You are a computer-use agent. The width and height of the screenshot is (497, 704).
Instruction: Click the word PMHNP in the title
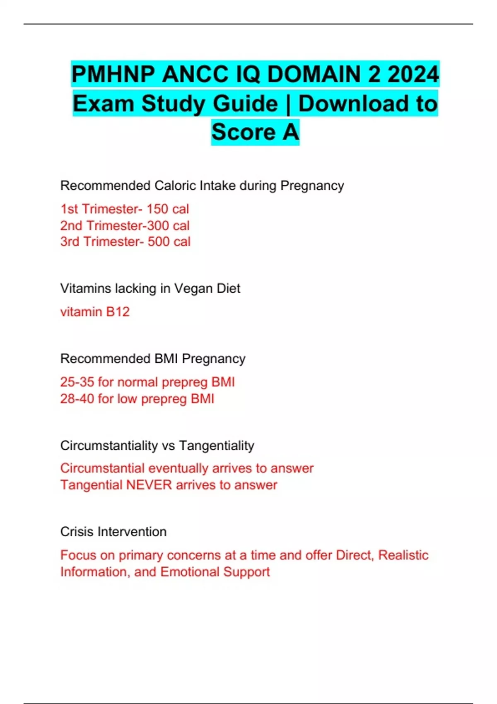tap(113, 75)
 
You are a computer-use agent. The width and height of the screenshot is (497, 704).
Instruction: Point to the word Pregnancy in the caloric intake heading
tap(312, 186)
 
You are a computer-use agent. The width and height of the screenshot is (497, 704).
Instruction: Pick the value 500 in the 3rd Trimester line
tap(159, 241)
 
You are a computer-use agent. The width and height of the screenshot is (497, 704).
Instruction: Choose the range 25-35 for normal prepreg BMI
tap(77, 382)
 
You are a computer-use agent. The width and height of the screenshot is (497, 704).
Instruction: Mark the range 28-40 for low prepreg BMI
tap(77, 399)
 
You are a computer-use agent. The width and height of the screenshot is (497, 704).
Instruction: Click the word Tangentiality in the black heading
tap(217, 446)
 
